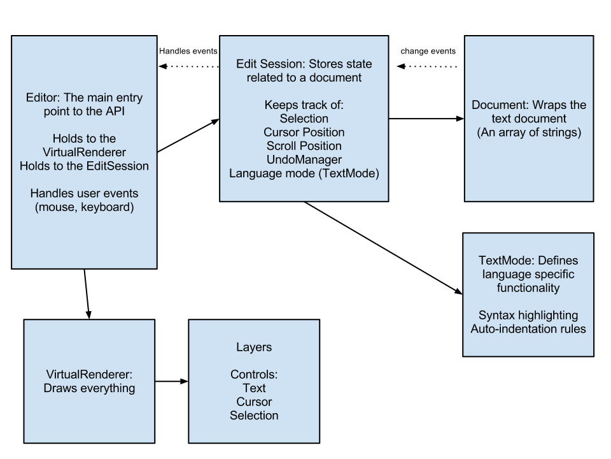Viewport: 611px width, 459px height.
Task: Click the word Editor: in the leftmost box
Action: coord(43,98)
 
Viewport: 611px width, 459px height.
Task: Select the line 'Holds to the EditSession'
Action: coord(84,166)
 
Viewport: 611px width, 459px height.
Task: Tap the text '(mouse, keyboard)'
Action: coord(84,207)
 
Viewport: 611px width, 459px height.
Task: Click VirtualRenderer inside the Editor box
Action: coord(84,152)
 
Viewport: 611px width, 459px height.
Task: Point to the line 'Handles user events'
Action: coord(84,193)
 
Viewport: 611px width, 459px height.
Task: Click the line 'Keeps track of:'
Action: coord(304,105)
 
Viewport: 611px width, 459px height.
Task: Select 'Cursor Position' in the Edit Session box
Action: coord(304,133)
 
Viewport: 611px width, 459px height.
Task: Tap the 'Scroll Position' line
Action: coord(304,146)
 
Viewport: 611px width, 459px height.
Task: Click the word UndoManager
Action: coord(304,159)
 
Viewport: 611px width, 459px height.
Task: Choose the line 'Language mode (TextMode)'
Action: coord(304,173)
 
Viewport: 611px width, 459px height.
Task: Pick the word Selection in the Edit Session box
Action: coord(304,119)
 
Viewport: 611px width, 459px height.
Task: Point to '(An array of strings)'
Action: coord(528,133)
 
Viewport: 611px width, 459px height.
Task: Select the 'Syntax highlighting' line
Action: coord(528,316)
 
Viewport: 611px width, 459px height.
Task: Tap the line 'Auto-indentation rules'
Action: coord(528,329)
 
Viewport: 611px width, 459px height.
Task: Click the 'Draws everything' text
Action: coord(89,388)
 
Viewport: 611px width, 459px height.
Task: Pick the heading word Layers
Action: coord(254,347)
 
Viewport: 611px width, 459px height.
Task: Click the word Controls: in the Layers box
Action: coord(254,374)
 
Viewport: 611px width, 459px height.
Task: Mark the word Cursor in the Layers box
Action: coord(254,402)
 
